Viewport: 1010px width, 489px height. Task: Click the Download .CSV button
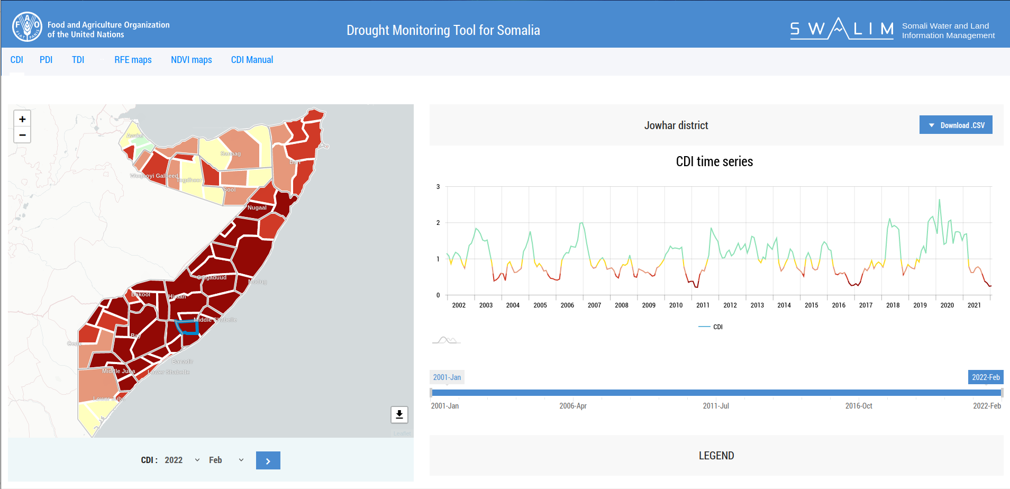click(956, 125)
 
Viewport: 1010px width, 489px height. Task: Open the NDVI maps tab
click(191, 60)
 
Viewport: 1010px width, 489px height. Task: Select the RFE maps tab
click(133, 60)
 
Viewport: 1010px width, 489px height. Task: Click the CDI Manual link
click(252, 60)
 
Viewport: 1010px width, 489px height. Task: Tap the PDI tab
click(46, 60)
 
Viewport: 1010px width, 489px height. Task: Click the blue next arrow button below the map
click(268, 460)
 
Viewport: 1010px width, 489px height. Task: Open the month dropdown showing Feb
click(226, 460)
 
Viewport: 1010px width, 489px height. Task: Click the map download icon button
click(399, 414)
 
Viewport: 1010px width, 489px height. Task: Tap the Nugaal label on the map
click(257, 207)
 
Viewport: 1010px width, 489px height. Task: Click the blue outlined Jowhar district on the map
click(187, 328)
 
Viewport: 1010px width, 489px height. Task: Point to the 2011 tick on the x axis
click(703, 305)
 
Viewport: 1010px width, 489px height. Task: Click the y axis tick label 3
click(438, 187)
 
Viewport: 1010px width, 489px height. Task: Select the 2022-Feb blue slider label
click(985, 377)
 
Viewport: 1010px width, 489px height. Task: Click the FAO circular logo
click(27, 27)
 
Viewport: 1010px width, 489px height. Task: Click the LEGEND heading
click(716, 456)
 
